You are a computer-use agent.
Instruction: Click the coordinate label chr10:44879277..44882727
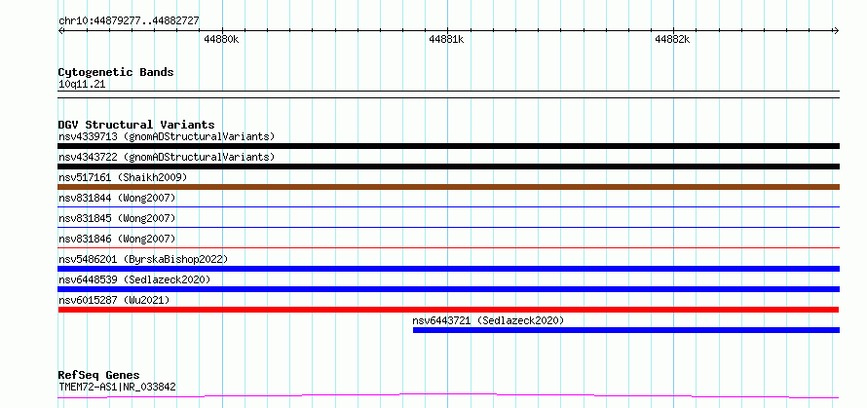[129, 21]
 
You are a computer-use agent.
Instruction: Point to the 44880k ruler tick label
[221, 39]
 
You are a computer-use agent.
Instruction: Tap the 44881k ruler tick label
[446, 39]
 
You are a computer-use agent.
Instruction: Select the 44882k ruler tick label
[672, 39]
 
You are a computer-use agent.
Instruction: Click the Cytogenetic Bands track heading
[116, 72]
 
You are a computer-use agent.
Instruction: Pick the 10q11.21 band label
[82, 85]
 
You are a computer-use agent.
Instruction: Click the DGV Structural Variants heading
[136, 125]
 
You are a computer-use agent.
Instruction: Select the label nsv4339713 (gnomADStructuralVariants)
[167, 136]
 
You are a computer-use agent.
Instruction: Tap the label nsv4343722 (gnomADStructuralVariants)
[167, 157]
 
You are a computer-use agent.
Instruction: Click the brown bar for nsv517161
[448, 187]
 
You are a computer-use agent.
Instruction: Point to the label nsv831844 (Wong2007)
[117, 198]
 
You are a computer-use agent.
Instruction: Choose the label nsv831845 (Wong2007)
[117, 218]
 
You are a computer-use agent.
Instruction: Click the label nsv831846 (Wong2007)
[117, 239]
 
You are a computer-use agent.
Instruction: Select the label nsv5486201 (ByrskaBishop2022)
[143, 259]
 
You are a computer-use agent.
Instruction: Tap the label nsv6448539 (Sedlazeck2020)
[134, 279]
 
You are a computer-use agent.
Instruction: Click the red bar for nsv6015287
[448, 310]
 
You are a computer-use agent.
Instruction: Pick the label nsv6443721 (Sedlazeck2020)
[488, 320]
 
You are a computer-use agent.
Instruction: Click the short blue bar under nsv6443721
[626, 330]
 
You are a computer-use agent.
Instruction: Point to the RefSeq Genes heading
[99, 376]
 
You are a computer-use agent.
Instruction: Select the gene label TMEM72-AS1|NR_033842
[117, 387]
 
